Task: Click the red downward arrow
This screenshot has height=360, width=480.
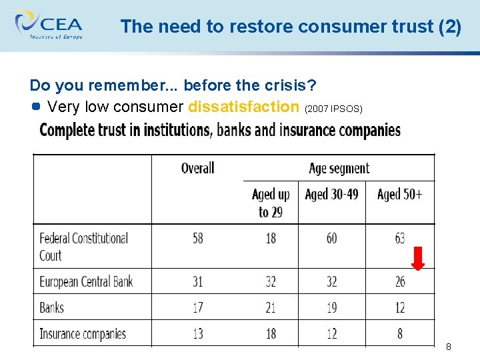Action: point(418,258)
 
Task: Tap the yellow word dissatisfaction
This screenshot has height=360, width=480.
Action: point(244,107)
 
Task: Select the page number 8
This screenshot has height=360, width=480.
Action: point(449,347)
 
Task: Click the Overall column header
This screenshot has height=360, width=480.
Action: point(197,167)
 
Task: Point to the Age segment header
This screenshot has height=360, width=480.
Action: point(339,167)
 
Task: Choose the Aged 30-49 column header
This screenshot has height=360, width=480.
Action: point(331,194)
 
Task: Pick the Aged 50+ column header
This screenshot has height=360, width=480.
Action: point(399,194)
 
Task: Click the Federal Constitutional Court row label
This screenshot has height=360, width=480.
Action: point(83,247)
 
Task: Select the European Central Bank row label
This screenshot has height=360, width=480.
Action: point(86,281)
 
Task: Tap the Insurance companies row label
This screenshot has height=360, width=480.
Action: point(83,333)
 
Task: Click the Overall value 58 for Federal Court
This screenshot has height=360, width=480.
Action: point(198,238)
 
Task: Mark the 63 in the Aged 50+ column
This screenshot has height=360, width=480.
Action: point(400,238)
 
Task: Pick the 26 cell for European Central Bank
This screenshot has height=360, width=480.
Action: point(400,281)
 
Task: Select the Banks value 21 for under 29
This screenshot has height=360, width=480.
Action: point(271,307)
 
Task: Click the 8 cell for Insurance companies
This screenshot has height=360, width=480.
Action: point(400,333)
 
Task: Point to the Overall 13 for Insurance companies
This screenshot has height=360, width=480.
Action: point(198,333)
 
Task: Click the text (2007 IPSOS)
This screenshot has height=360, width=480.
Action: point(333,109)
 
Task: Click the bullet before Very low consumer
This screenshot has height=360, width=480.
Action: point(36,106)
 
